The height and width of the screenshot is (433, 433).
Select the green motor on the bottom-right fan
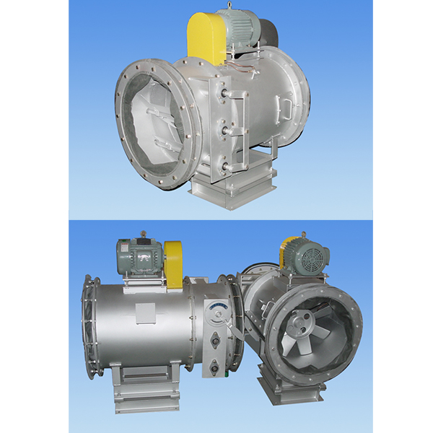click(307, 256)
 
